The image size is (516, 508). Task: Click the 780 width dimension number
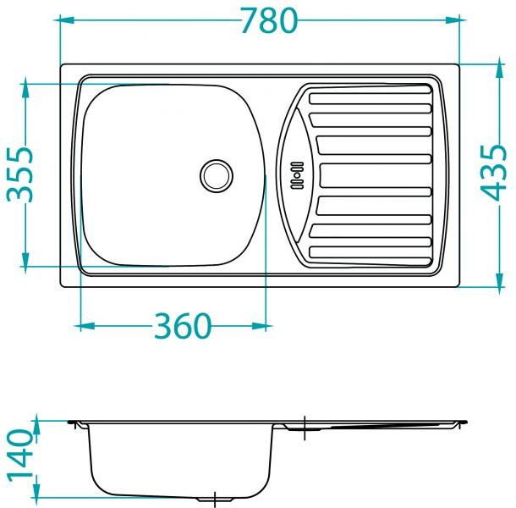[269, 20]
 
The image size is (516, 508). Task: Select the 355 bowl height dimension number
[20, 174]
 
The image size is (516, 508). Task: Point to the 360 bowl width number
[182, 326]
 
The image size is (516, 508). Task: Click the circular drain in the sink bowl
[217, 175]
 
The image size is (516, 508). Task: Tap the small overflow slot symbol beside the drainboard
[297, 175]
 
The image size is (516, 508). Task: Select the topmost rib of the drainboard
[370, 99]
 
